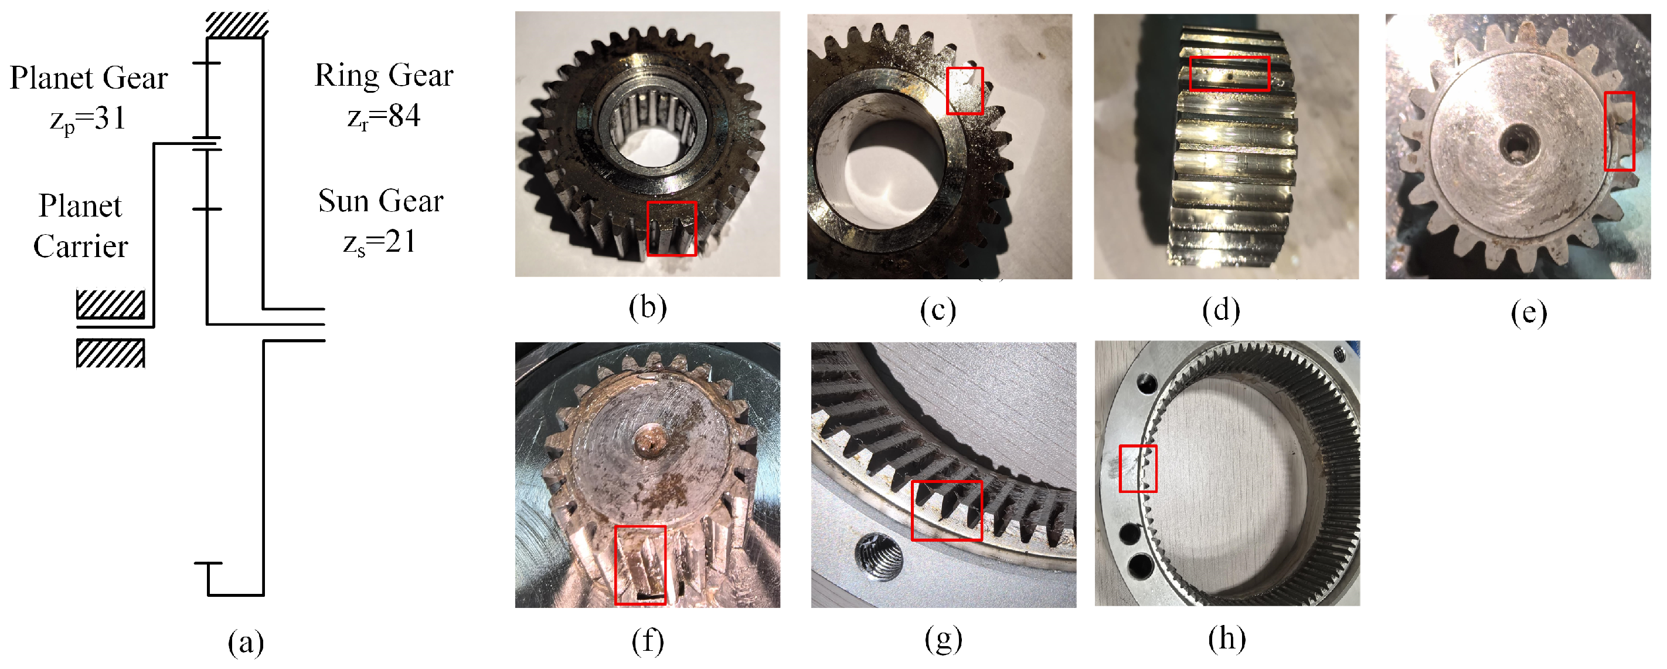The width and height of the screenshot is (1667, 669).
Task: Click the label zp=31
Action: (x=87, y=119)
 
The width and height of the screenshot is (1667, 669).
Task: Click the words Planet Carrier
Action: (x=80, y=226)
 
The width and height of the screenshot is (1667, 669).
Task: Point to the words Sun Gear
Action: (x=380, y=201)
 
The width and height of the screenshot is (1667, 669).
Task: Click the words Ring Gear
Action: (x=384, y=76)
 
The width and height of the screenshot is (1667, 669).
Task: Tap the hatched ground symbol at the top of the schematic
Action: (x=237, y=25)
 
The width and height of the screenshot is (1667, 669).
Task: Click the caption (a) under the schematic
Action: (x=246, y=642)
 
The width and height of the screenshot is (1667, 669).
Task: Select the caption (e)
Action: (x=1529, y=313)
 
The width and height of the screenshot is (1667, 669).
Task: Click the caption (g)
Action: (x=943, y=640)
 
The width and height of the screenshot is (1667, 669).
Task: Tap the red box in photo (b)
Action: (x=672, y=228)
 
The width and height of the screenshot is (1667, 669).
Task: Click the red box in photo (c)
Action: (x=964, y=91)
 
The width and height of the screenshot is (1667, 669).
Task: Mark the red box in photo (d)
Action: (x=1230, y=73)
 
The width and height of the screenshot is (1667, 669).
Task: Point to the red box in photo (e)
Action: (x=1619, y=131)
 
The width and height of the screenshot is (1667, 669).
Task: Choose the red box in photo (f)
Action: (x=640, y=565)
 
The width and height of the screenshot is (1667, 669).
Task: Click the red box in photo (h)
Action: (x=1138, y=468)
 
